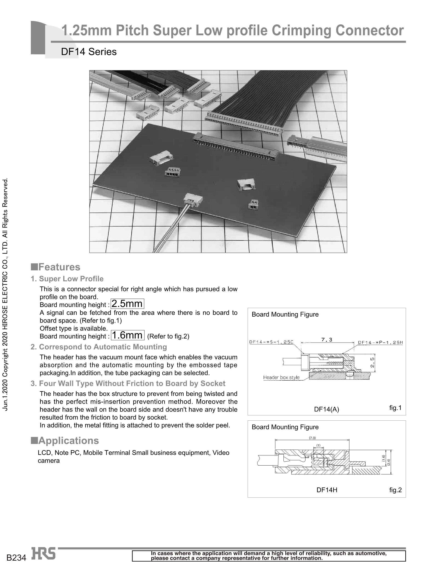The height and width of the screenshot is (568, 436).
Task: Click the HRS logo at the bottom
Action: point(43,553)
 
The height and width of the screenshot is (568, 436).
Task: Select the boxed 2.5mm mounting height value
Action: point(127,304)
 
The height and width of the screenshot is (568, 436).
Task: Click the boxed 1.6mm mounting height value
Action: point(127,335)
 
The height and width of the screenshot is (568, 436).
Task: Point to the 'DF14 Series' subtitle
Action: point(89,52)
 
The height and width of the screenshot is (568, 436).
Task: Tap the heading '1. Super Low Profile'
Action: point(67,279)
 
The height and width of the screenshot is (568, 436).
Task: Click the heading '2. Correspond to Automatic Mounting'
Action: point(99,347)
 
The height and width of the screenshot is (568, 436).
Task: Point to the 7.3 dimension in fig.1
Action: point(327,339)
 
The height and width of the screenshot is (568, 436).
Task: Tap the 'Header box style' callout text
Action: point(281,377)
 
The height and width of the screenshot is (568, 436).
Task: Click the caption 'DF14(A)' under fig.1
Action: point(326,409)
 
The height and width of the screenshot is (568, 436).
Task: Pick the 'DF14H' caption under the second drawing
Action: point(327,490)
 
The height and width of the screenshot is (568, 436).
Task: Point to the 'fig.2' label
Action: point(395,490)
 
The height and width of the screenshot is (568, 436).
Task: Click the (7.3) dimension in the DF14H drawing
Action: point(312,438)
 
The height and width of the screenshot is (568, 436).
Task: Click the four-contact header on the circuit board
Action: point(173,172)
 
